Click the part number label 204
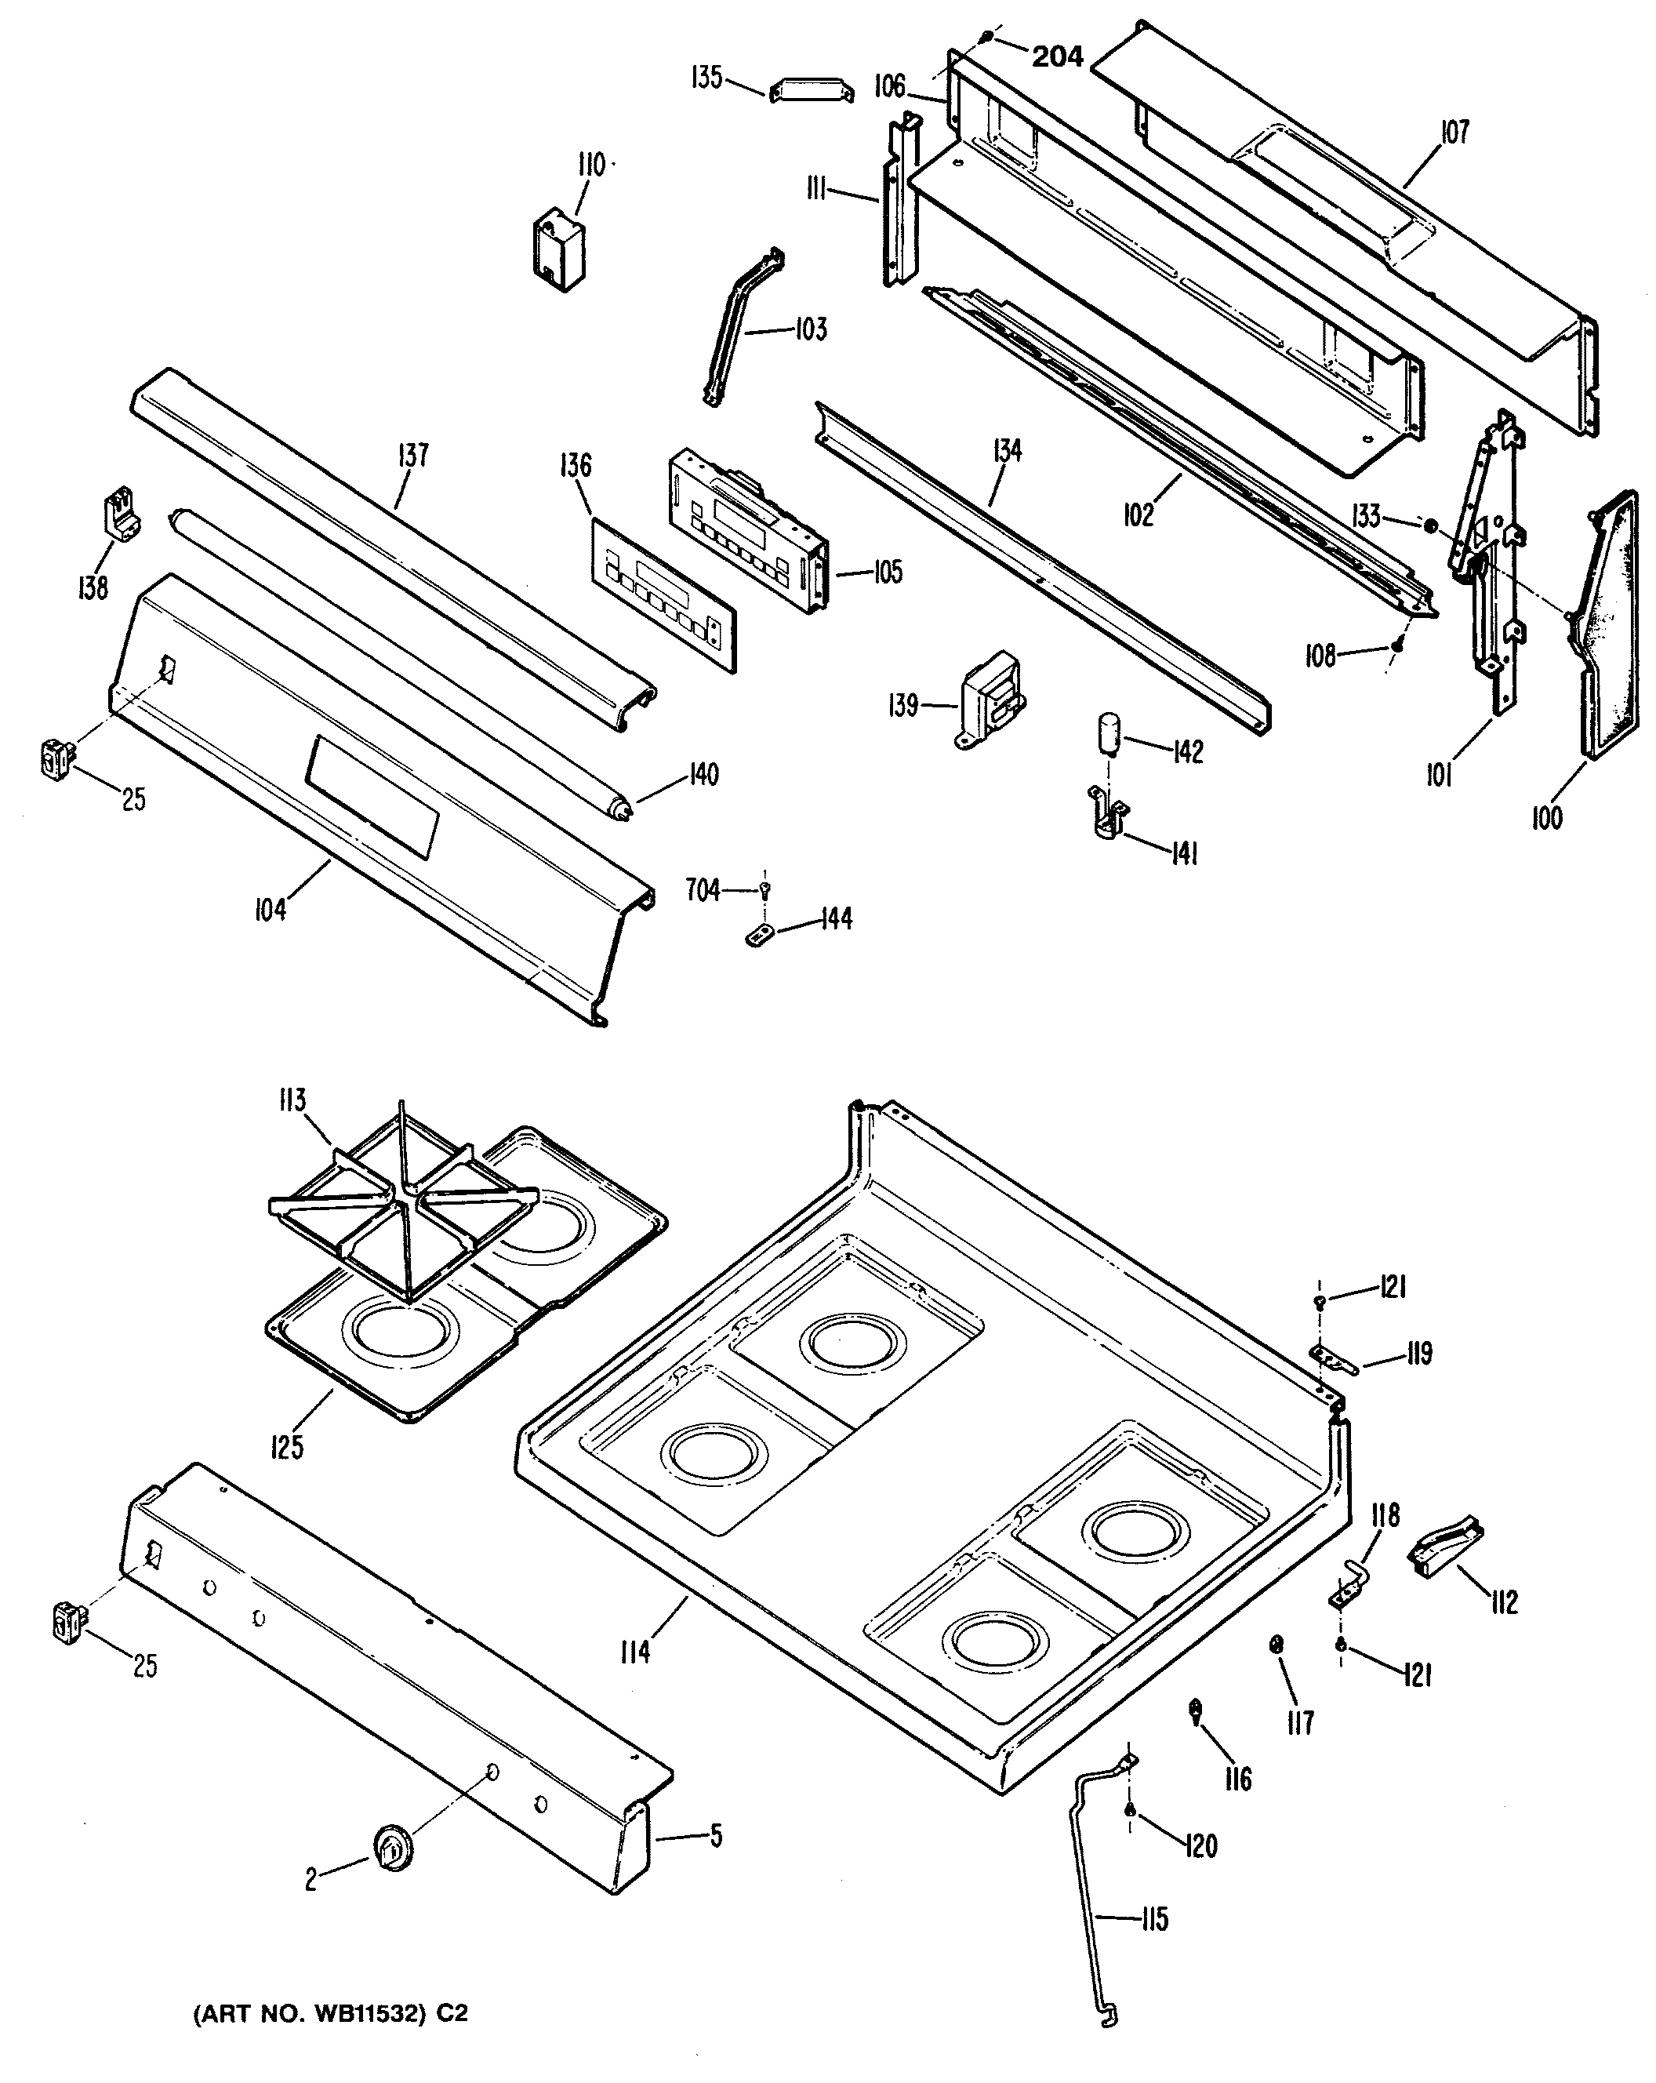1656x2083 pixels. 1057,57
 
